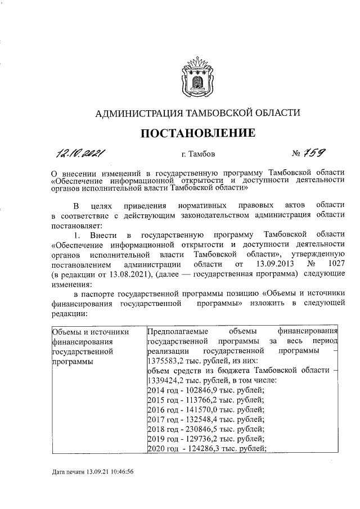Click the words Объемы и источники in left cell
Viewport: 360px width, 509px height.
coord(90,332)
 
